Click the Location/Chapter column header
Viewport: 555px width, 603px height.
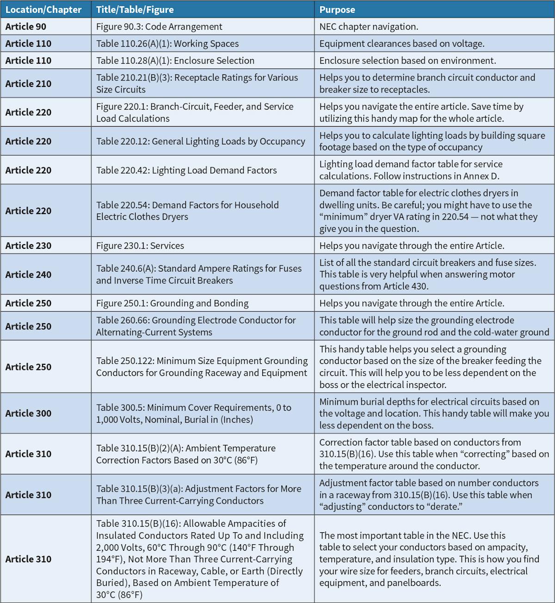[x=43, y=9]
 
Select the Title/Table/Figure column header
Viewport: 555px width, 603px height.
[x=135, y=9]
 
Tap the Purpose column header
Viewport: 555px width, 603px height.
[x=337, y=9]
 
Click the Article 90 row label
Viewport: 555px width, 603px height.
[x=26, y=26]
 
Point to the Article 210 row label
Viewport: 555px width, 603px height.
[x=28, y=84]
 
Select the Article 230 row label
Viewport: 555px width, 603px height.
[x=28, y=246]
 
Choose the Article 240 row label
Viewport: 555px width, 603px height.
[x=28, y=274]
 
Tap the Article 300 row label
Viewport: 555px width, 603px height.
[x=28, y=413]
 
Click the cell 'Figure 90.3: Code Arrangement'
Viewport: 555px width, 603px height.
[x=159, y=26]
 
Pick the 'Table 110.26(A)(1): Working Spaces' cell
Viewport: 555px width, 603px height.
[x=167, y=43]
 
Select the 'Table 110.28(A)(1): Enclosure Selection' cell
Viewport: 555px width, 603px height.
[x=175, y=61]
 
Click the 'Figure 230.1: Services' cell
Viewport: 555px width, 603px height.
[x=140, y=246]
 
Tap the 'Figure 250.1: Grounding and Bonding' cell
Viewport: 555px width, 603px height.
[x=172, y=303]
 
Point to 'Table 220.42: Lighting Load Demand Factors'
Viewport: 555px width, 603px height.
[x=186, y=170]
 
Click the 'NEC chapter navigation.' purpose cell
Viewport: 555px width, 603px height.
[x=369, y=26]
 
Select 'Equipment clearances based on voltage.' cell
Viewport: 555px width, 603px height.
[x=402, y=43]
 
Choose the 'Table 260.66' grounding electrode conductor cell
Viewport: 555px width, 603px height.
[x=196, y=326]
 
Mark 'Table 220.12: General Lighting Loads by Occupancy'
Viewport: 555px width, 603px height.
[x=201, y=141]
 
